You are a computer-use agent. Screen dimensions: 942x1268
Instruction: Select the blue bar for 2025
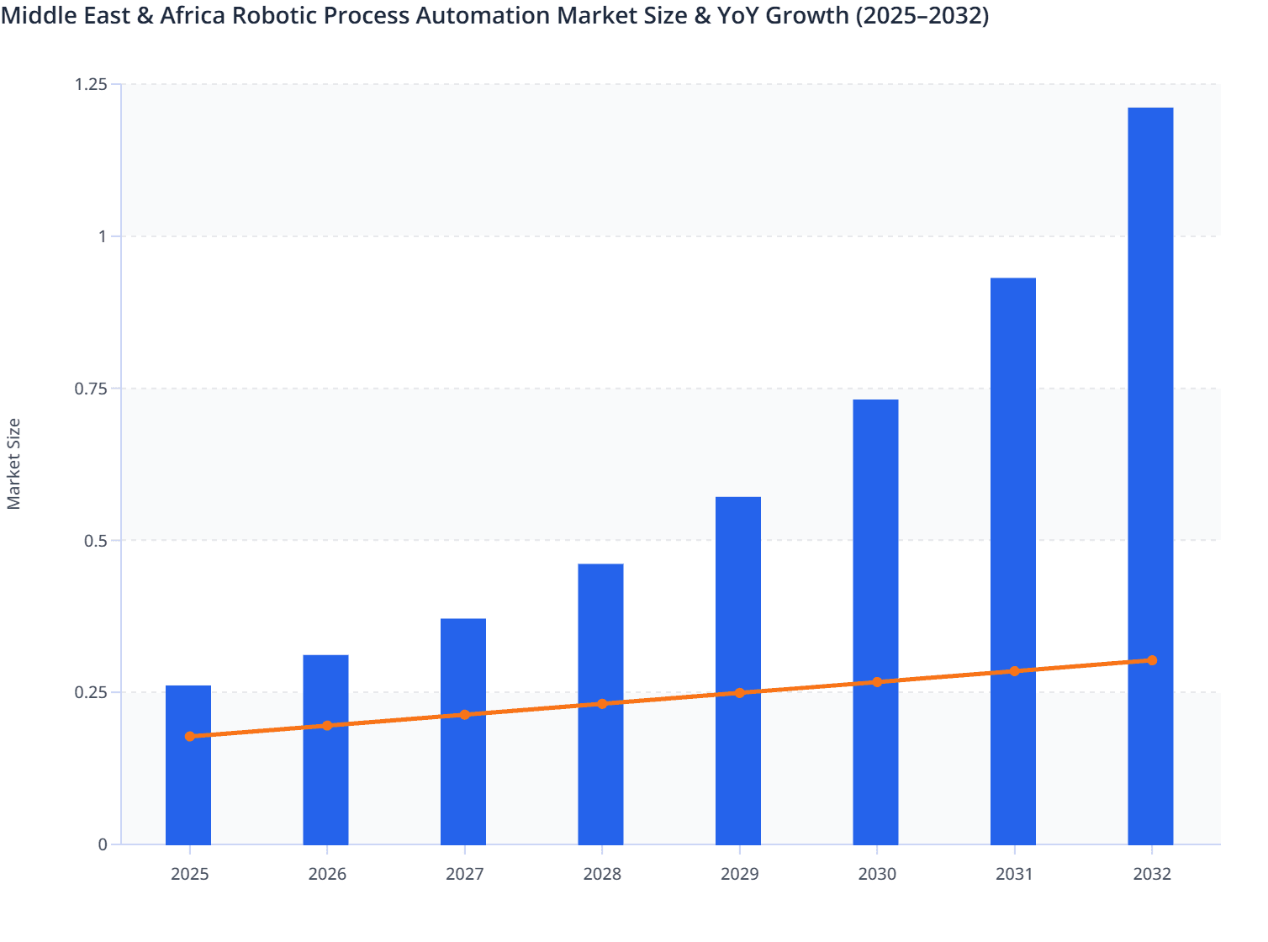188,791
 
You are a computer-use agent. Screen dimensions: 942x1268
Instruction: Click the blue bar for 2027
463,774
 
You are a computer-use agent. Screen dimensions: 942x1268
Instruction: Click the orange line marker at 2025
190,736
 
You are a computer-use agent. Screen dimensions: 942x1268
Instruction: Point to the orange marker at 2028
602,703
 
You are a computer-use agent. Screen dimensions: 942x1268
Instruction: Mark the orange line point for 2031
1014,671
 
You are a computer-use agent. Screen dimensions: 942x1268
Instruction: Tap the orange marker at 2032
1152,660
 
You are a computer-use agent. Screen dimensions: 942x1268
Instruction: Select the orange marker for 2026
327,725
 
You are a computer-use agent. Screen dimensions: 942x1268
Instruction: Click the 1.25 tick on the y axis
91,84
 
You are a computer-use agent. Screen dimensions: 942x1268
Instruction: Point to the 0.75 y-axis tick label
91,389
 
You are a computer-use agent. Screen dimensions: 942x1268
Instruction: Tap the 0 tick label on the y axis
103,844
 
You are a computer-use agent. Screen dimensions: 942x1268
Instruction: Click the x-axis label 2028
602,874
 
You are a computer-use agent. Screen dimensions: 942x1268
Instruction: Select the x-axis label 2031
1014,874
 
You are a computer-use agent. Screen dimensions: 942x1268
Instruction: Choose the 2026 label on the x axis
327,874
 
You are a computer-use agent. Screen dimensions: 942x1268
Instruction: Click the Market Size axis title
13,463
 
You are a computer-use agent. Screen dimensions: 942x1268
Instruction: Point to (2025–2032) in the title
922,15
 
